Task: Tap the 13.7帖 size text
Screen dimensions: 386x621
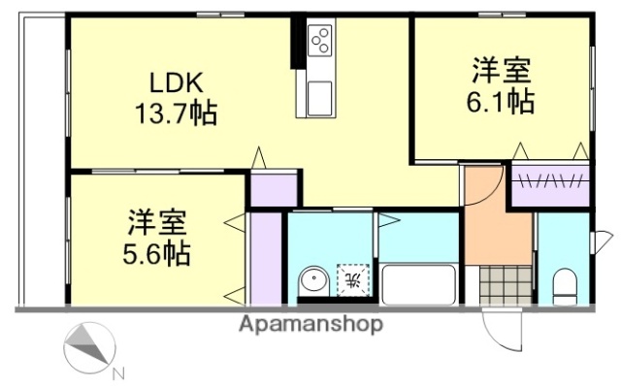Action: point(175,114)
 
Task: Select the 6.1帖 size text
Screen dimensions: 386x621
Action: point(501,102)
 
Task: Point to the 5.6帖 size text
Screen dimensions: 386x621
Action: point(156,254)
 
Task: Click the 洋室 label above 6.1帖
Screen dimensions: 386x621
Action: point(501,70)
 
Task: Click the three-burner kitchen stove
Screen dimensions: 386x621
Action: point(320,41)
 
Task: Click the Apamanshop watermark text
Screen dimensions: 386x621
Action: point(310,324)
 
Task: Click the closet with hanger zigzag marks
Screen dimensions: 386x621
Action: point(550,182)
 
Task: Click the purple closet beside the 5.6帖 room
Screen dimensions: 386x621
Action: point(262,257)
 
